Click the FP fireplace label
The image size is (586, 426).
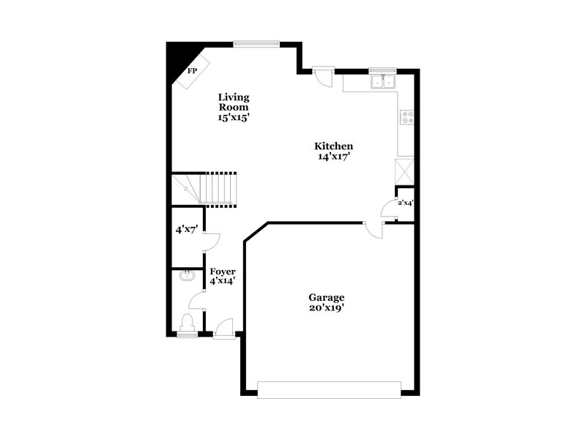(x=193, y=72)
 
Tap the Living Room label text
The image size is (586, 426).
(x=234, y=102)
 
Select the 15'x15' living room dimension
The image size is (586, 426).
(x=234, y=118)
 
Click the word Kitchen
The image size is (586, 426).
(x=334, y=146)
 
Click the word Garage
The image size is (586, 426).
(x=326, y=297)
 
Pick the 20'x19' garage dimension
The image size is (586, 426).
(x=326, y=308)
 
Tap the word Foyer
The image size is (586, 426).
(x=223, y=272)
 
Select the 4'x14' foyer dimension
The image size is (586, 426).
(x=223, y=282)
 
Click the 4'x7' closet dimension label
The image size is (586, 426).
(x=185, y=229)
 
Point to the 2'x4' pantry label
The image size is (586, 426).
(x=405, y=203)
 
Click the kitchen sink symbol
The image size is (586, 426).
(x=383, y=81)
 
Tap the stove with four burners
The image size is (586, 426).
(x=407, y=116)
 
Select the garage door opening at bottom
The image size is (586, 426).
(x=329, y=389)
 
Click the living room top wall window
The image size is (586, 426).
(x=256, y=43)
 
